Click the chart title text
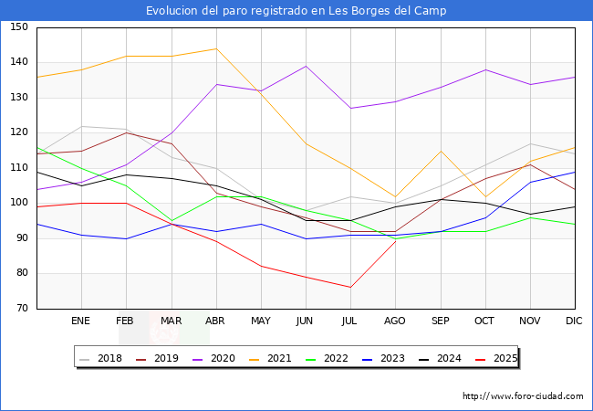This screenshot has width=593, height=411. coord(296,11)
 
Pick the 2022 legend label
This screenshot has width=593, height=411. coord(335,358)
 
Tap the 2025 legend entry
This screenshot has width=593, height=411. coord(504,358)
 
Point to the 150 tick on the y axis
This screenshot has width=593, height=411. coord(19,27)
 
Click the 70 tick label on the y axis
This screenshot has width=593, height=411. coord(22,309)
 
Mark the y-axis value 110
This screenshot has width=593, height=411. coord(19,168)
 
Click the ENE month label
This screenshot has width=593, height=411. coord(81,321)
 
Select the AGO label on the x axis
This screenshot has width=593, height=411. coord(395,321)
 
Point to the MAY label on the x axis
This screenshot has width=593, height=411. coord(260,321)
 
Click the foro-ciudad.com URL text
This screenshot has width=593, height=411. coord(523,396)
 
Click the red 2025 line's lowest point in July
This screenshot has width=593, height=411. coord(350,288)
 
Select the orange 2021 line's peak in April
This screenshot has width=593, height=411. coord(215,48)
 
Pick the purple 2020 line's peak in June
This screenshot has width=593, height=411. coord(306,66)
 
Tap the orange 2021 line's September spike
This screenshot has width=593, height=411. coord(440,151)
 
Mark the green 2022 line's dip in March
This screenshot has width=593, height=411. coord(171,221)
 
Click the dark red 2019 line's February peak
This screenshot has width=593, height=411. coord(126,132)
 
